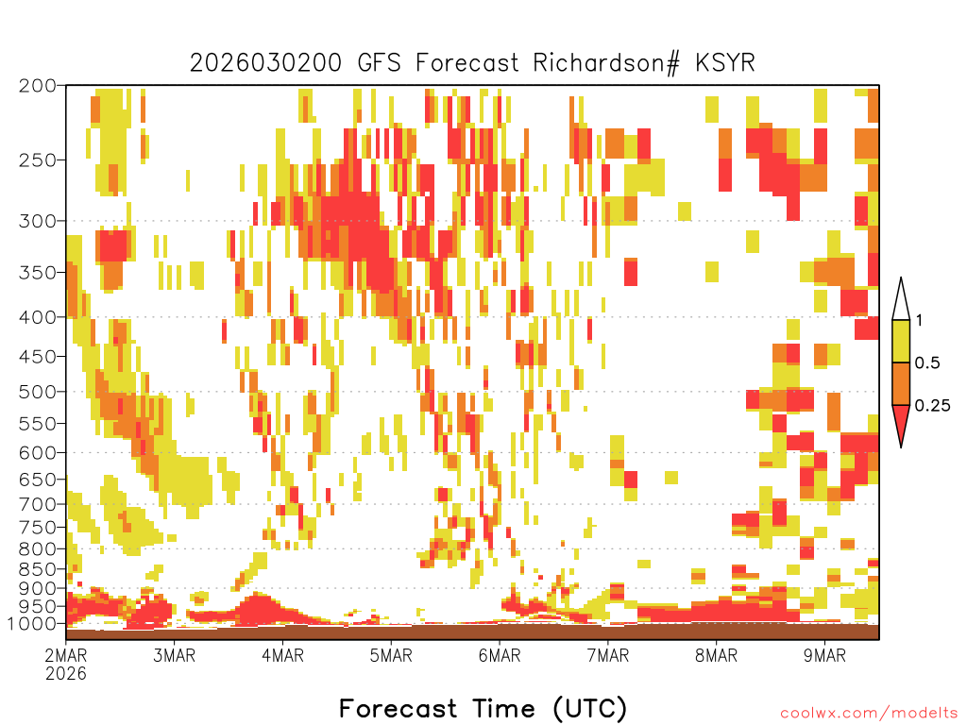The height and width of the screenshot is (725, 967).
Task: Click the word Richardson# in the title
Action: pyautogui.click(x=606, y=63)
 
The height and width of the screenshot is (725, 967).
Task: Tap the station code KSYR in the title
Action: pyautogui.click(x=725, y=63)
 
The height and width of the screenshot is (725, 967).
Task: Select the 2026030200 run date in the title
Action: pyautogui.click(x=265, y=63)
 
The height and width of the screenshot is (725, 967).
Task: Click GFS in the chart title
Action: pyautogui.click(x=379, y=63)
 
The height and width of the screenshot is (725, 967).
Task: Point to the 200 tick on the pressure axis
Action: pyautogui.click(x=38, y=86)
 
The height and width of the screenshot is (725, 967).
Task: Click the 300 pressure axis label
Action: pyautogui.click(x=38, y=221)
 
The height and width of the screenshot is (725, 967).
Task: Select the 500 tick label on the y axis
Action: pyautogui.click(x=38, y=392)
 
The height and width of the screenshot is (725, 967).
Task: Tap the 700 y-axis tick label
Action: pyautogui.click(x=38, y=504)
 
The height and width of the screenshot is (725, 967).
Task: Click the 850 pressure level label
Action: pyautogui.click(x=38, y=568)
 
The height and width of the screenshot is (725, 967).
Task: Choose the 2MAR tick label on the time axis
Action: pyautogui.click(x=66, y=655)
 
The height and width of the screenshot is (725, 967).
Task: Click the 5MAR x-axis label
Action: pyautogui.click(x=391, y=655)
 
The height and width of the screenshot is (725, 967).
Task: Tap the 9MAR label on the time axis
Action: pyautogui.click(x=824, y=655)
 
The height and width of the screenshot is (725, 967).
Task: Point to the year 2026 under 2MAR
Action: pyautogui.click(x=66, y=673)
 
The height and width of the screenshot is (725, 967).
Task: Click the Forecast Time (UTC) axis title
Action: pyautogui.click(x=483, y=708)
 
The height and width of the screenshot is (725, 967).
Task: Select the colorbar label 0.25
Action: pyautogui.click(x=932, y=406)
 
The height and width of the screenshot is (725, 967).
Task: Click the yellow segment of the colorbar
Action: pyautogui.click(x=901, y=341)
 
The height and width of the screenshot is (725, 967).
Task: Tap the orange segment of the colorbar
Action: pyautogui.click(x=901, y=383)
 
